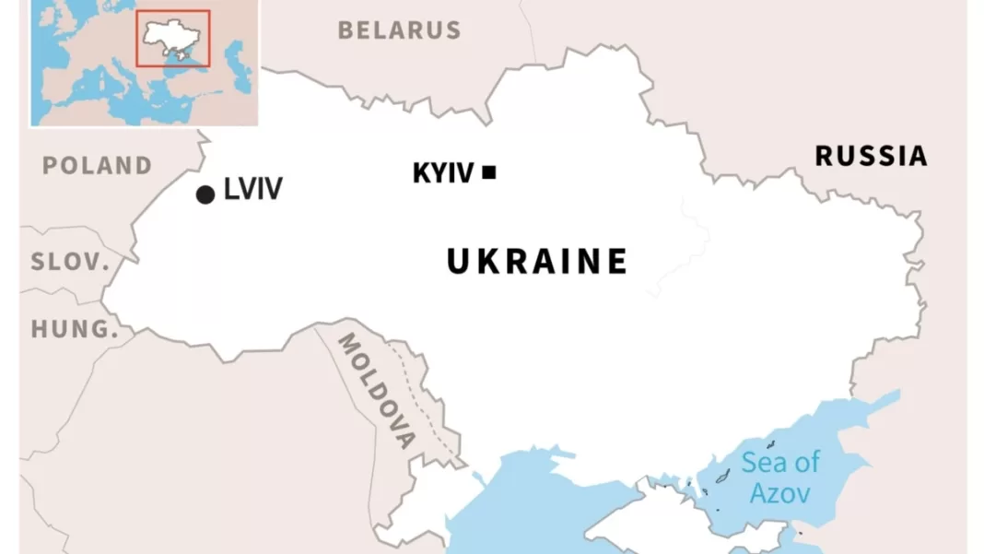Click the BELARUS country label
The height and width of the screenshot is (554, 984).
pos(399,30)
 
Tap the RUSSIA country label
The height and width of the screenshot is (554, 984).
pos(871,156)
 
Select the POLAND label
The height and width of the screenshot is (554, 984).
pos(97,166)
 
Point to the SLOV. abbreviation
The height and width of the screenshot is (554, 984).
pos(70,262)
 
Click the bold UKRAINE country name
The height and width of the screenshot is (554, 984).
pos(537,262)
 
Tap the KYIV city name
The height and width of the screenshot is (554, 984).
pos(443,172)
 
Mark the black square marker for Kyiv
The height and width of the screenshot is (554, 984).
pos(489,171)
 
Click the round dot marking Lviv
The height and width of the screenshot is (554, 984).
pos(205,194)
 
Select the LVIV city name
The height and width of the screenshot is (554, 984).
pos(253,191)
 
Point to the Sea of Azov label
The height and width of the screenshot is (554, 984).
pos(780,477)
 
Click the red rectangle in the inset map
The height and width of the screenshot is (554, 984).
pos(173,39)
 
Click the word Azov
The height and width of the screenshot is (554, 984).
pos(780,492)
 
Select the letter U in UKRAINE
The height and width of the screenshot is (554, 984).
pos(459,262)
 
